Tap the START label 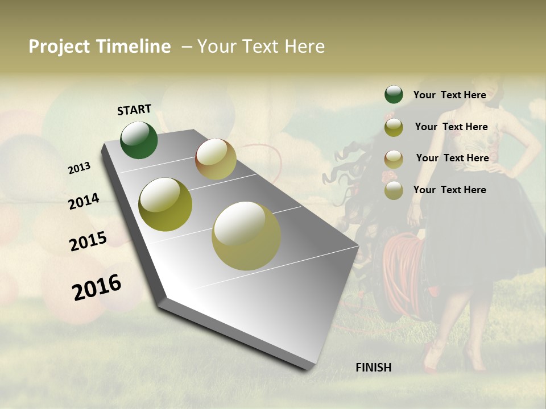[x=134, y=110]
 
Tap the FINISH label [x=374, y=368]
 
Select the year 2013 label [x=80, y=168]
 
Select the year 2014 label [x=84, y=201]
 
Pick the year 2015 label [x=88, y=241]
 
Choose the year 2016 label [x=97, y=287]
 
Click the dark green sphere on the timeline [x=139, y=140]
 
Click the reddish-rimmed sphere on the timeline [x=216, y=159]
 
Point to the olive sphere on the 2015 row [x=166, y=204]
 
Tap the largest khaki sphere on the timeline [x=246, y=235]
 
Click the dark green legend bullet [x=394, y=94]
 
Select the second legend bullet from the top [x=394, y=127]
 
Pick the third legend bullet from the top [x=394, y=158]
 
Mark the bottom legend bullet [x=394, y=190]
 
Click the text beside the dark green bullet [x=449, y=95]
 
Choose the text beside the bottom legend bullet [x=449, y=190]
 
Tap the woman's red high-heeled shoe [x=432, y=358]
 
